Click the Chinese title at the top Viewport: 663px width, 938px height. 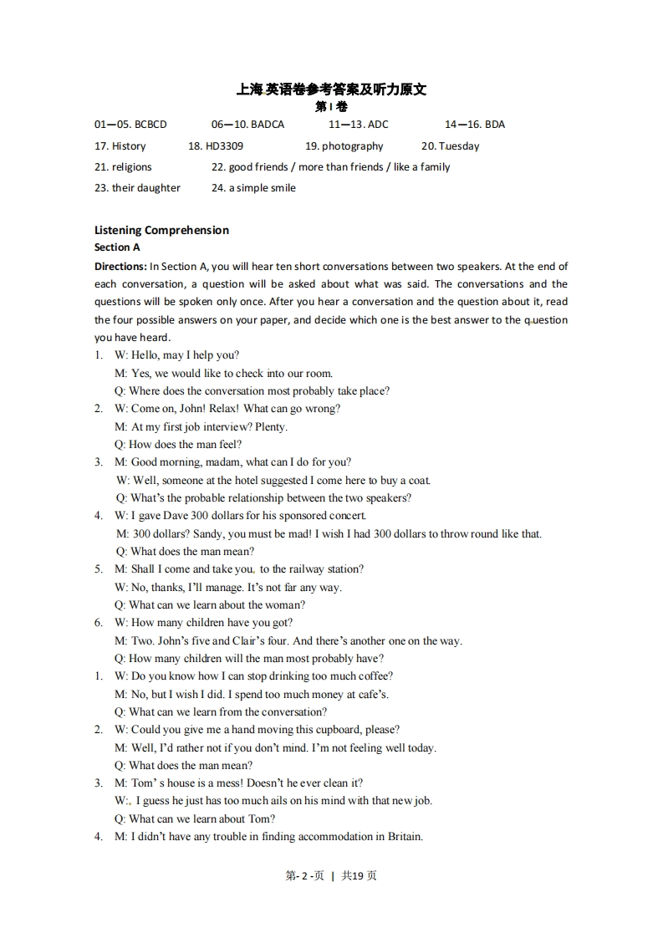[x=331, y=89]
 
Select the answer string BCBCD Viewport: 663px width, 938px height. [x=150, y=125]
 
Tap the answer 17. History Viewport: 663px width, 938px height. [x=120, y=146]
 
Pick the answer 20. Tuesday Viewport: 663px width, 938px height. [x=450, y=146]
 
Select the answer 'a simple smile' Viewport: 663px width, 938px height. [x=262, y=188]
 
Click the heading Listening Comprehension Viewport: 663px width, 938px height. [x=161, y=230]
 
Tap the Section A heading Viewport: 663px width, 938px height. [x=117, y=247]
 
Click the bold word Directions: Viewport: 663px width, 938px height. [x=120, y=267]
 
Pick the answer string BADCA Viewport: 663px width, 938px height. [x=267, y=125]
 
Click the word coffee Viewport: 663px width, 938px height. [x=375, y=676]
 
